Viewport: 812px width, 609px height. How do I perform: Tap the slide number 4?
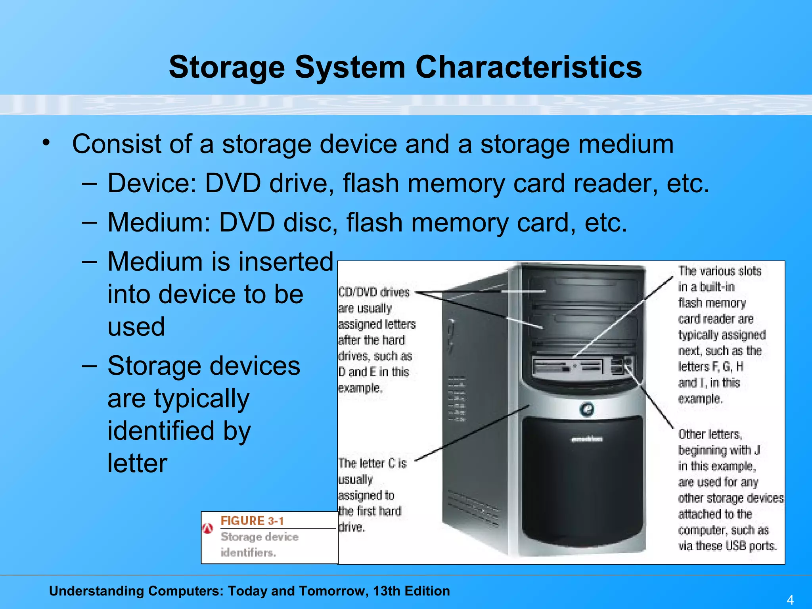[x=790, y=599]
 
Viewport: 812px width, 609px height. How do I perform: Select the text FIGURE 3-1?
[x=252, y=521]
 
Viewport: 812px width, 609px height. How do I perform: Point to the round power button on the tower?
[x=587, y=409]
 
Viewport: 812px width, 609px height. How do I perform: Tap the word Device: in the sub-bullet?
[x=152, y=183]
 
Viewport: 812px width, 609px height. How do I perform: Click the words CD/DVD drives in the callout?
[x=374, y=293]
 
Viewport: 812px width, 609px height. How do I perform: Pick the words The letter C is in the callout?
[x=372, y=463]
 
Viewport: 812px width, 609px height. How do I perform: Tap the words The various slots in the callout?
[x=720, y=271]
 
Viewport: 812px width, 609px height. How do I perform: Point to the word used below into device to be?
[x=136, y=327]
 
